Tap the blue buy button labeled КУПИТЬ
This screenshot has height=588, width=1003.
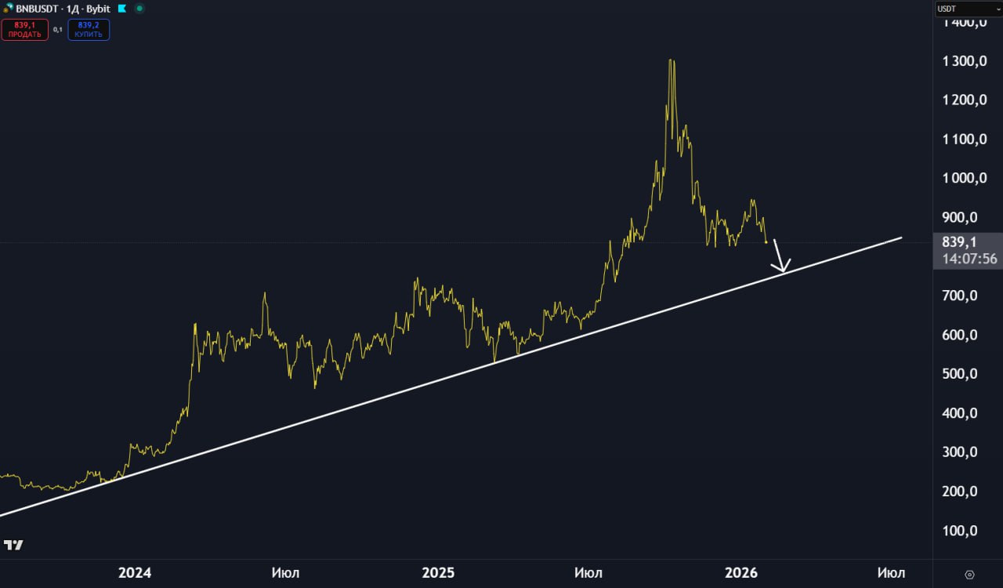(89, 30)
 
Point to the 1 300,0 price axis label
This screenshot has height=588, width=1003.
(964, 61)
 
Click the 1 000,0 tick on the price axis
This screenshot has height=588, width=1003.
(964, 178)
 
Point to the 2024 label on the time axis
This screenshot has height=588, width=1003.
(135, 573)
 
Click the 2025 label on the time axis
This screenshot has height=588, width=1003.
(438, 573)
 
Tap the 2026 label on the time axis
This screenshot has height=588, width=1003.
(741, 573)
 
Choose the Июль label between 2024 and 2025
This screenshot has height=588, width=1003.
(285, 573)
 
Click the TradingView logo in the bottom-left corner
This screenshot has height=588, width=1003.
(13, 545)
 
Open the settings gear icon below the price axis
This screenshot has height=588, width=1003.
(969, 575)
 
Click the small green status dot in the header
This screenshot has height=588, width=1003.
(139, 9)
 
